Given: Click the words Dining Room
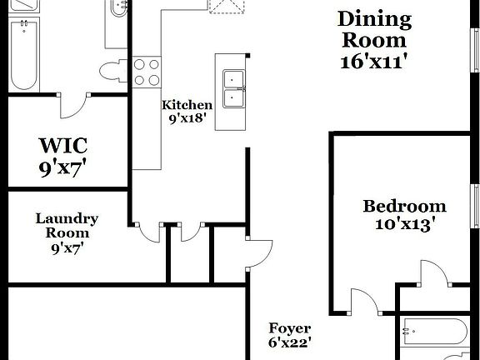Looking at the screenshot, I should pyautogui.click(x=374, y=29).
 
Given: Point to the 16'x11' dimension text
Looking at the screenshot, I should pyautogui.click(x=374, y=61).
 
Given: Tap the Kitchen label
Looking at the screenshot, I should pyautogui.click(x=187, y=105).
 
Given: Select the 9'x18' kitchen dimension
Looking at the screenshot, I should pyautogui.click(x=187, y=119).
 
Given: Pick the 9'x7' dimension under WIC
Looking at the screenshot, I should pyautogui.click(x=62, y=169).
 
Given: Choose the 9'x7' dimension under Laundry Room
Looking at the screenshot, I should pyautogui.click(x=67, y=247).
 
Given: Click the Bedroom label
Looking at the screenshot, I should pyautogui.click(x=404, y=206).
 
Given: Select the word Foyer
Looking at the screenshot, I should pyautogui.click(x=289, y=328).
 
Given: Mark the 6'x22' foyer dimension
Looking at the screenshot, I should pyautogui.click(x=289, y=342).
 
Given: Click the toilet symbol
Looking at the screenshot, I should pyautogui.click(x=110, y=70).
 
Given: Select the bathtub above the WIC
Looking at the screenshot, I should pyautogui.click(x=25, y=54).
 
